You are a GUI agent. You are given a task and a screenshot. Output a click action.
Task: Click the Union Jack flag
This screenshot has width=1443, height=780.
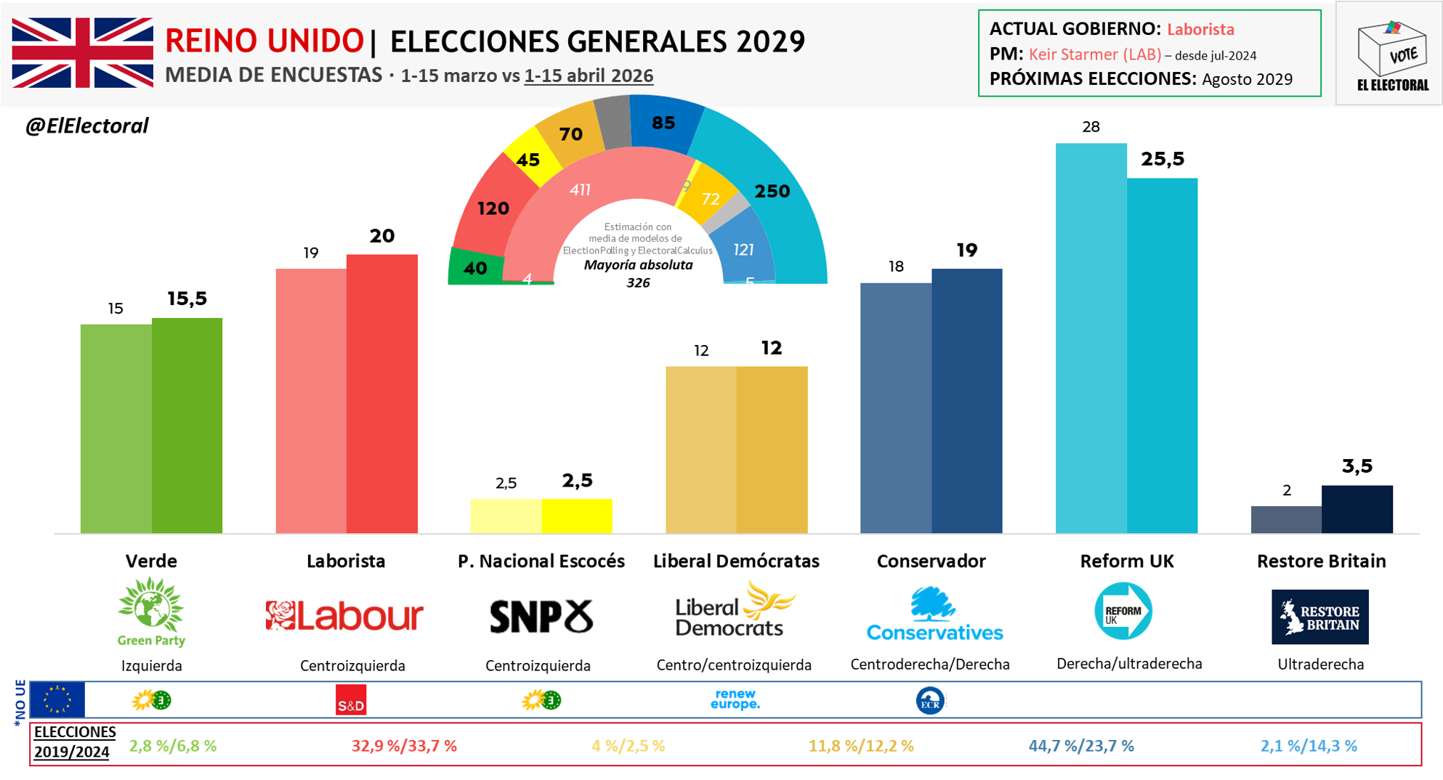pyautogui.click(x=82, y=53)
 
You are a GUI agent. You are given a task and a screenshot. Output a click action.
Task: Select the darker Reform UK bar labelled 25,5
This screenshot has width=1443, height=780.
pyautogui.click(x=1162, y=356)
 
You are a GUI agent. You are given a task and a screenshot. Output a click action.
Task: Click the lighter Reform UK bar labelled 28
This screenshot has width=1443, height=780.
pyautogui.click(x=1091, y=338)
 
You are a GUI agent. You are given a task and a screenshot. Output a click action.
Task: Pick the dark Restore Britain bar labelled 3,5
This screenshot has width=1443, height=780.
pyautogui.click(x=1357, y=509)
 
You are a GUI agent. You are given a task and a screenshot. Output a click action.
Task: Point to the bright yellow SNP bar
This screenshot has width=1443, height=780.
pyautogui.click(x=577, y=516)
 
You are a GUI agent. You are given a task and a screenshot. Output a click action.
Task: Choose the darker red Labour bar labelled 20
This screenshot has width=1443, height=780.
pyautogui.click(x=382, y=394)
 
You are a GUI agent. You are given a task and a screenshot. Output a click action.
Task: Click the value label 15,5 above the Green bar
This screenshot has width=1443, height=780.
pyautogui.click(x=187, y=298)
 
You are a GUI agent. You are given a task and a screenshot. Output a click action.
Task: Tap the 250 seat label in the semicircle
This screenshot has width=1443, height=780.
pyautogui.click(x=772, y=191)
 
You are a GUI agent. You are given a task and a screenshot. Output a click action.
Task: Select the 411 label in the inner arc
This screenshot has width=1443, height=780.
pyautogui.click(x=580, y=190)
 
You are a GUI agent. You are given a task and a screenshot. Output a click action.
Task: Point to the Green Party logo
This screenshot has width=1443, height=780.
pyautogui.click(x=151, y=612)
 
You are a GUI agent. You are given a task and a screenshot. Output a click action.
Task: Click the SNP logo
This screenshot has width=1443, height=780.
pyautogui.click(x=541, y=617)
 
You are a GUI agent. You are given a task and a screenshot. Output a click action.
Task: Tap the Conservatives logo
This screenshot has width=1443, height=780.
pyautogui.click(x=934, y=614)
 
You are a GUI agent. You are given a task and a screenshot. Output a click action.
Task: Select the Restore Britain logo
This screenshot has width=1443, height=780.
pyautogui.click(x=1319, y=617)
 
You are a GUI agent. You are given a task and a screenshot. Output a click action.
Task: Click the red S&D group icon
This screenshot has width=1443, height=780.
pyautogui.click(x=351, y=700)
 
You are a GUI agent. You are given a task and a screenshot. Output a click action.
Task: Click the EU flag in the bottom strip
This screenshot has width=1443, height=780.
pyautogui.click(x=57, y=700)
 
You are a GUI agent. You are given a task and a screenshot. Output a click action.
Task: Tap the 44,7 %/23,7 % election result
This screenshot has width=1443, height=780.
pyautogui.click(x=1081, y=746)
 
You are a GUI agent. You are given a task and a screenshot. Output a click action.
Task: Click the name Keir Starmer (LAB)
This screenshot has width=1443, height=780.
pyautogui.click(x=1095, y=54)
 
